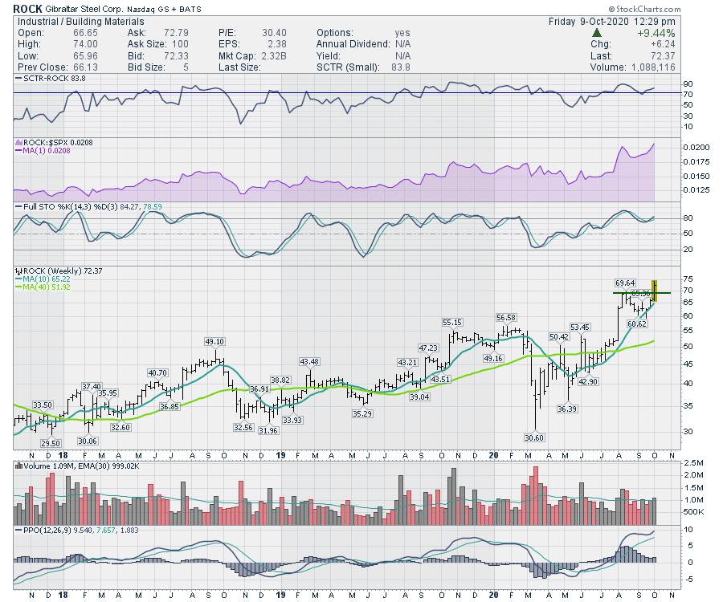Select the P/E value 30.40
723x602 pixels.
coord(251,33)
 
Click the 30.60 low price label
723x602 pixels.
coord(534,437)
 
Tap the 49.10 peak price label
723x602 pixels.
coord(214,341)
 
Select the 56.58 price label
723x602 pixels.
coord(507,317)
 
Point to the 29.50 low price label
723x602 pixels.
coord(50,443)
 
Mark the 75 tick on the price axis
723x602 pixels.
coord(665,278)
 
